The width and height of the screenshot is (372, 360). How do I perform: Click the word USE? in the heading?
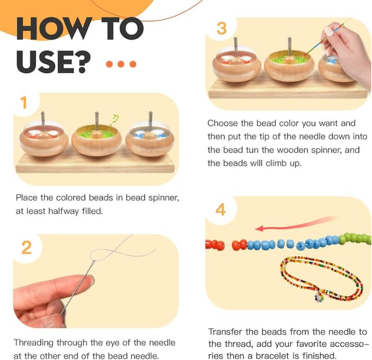tap(53, 62)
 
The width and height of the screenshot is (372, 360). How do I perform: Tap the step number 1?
tap(24, 103)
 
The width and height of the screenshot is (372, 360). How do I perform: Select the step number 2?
tap(26, 248)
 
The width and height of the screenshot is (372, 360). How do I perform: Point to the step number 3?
tap(221, 29)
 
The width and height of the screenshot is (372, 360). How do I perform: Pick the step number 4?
tap(221, 210)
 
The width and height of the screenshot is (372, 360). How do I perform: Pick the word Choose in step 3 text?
tap(223, 123)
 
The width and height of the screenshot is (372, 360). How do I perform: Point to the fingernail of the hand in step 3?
tap(329, 32)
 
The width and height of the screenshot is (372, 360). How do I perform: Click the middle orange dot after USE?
tap(121, 64)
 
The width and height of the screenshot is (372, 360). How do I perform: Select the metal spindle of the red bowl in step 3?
tap(236, 47)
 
